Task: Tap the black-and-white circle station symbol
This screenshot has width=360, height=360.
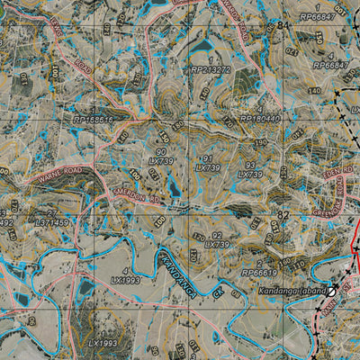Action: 331,291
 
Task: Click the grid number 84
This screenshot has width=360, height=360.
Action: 284,24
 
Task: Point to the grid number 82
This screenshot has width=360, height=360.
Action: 284,216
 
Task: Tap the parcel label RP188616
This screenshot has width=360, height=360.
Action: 94,118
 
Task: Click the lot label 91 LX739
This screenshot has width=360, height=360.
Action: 207,163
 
